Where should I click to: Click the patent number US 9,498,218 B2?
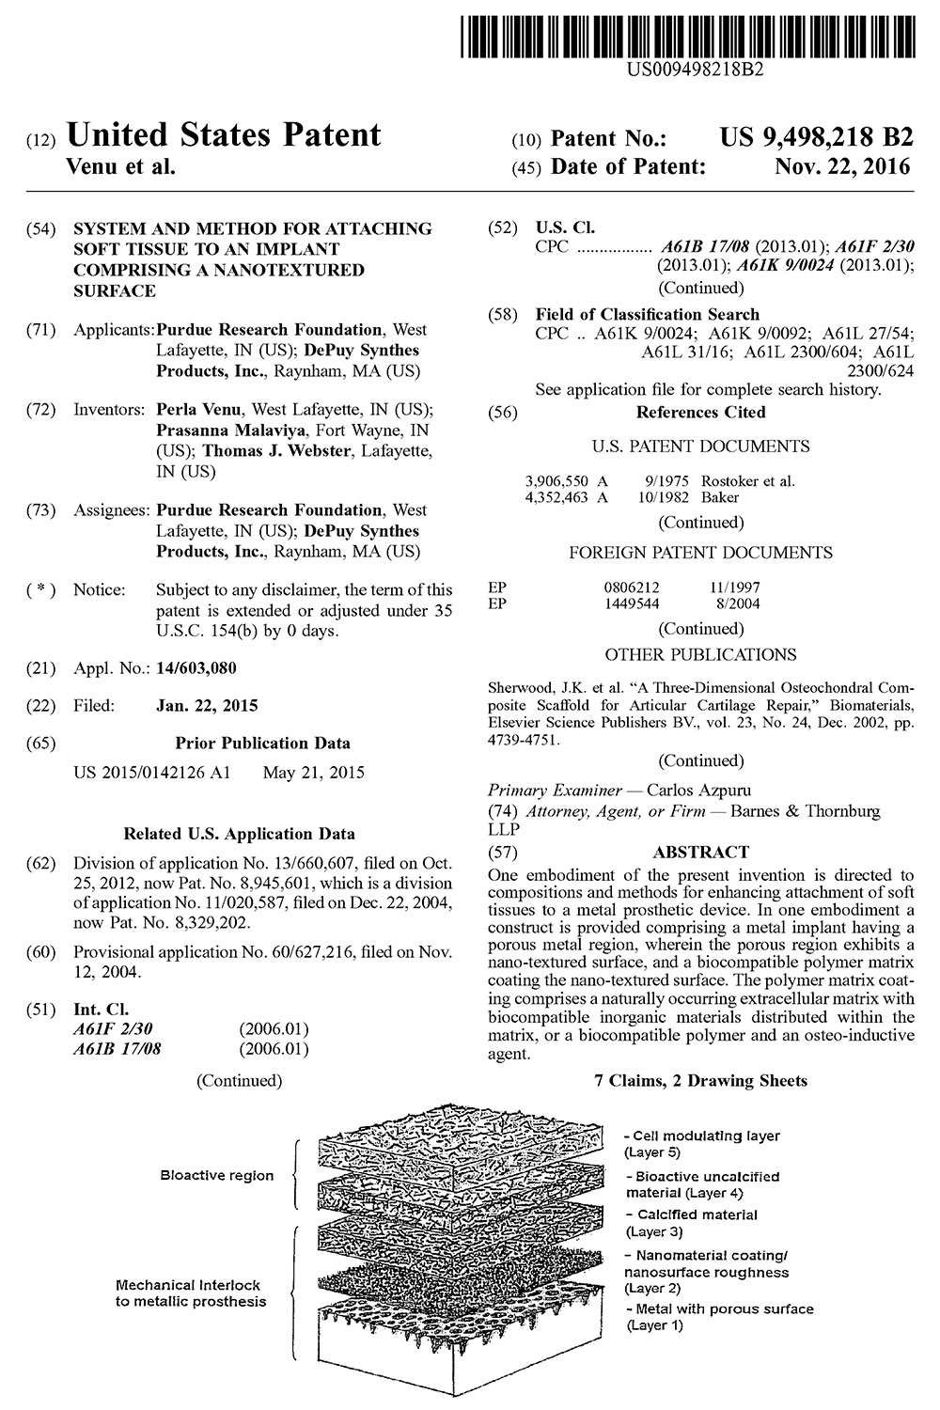pyautogui.click(x=816, y=138)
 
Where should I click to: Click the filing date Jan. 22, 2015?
pyautogui.click(x=207, y=705)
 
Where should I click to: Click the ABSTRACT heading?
pyautogui.click(x=700, y=853)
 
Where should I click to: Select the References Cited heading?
pyautogui.click(x=700, y=412)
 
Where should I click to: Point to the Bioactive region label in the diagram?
pyautogui.click(x=217, y=1175)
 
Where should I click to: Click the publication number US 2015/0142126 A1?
pyautogui.click(x=151, y=774)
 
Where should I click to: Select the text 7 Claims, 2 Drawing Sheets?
pyautogui.click(x=700, y=1081)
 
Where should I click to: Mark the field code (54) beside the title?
pyautogui.click(x=43, y=228)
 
